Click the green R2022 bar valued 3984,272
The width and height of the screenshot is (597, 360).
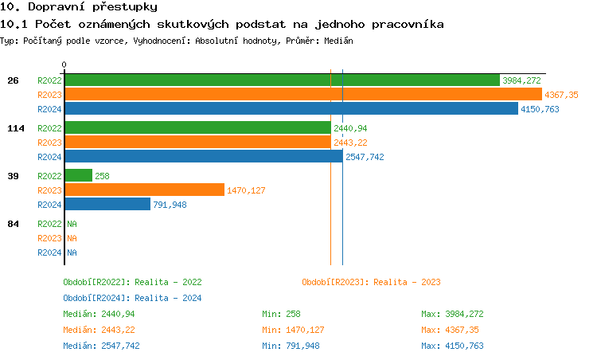click(x=281, y=80)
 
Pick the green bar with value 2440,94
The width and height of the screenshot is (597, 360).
click(x=197, y=127)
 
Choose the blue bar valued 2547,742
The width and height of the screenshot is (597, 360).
click(x=203, y=156)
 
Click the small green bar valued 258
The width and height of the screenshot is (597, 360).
click(x=78, y=175)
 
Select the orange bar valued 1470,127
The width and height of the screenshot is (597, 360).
click(x=144, y=190)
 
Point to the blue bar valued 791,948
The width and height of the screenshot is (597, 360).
click(x=107, y=204)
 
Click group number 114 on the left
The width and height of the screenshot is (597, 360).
click(x=15, y=128)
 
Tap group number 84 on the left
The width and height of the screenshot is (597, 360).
click(x=13, y=224)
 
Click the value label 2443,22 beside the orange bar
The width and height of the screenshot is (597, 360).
click(x=350, y=143)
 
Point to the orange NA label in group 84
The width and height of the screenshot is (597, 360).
click(x=72, y=238)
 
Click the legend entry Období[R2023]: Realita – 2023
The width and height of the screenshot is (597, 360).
click(x=371, y=282)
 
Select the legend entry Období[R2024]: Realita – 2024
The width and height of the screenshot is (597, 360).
click(x=132, y=298)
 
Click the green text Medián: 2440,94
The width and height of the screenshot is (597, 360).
click(x=99, y=314)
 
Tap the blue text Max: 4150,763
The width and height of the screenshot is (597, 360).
click(x=452, y=346)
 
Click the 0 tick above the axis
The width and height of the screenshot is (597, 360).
click(x=64, y=65)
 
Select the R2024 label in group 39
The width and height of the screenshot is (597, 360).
click(x=49, y=205)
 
